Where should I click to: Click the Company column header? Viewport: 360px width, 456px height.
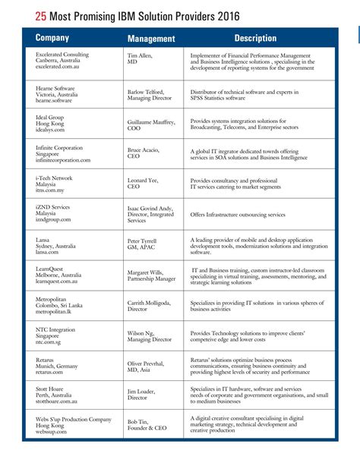[x=52, y=38]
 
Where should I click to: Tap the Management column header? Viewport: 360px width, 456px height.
[x=151, y=39]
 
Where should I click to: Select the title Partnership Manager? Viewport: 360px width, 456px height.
[x=152, y=278]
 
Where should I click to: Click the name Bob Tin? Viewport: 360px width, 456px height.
[x=138, y=421]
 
